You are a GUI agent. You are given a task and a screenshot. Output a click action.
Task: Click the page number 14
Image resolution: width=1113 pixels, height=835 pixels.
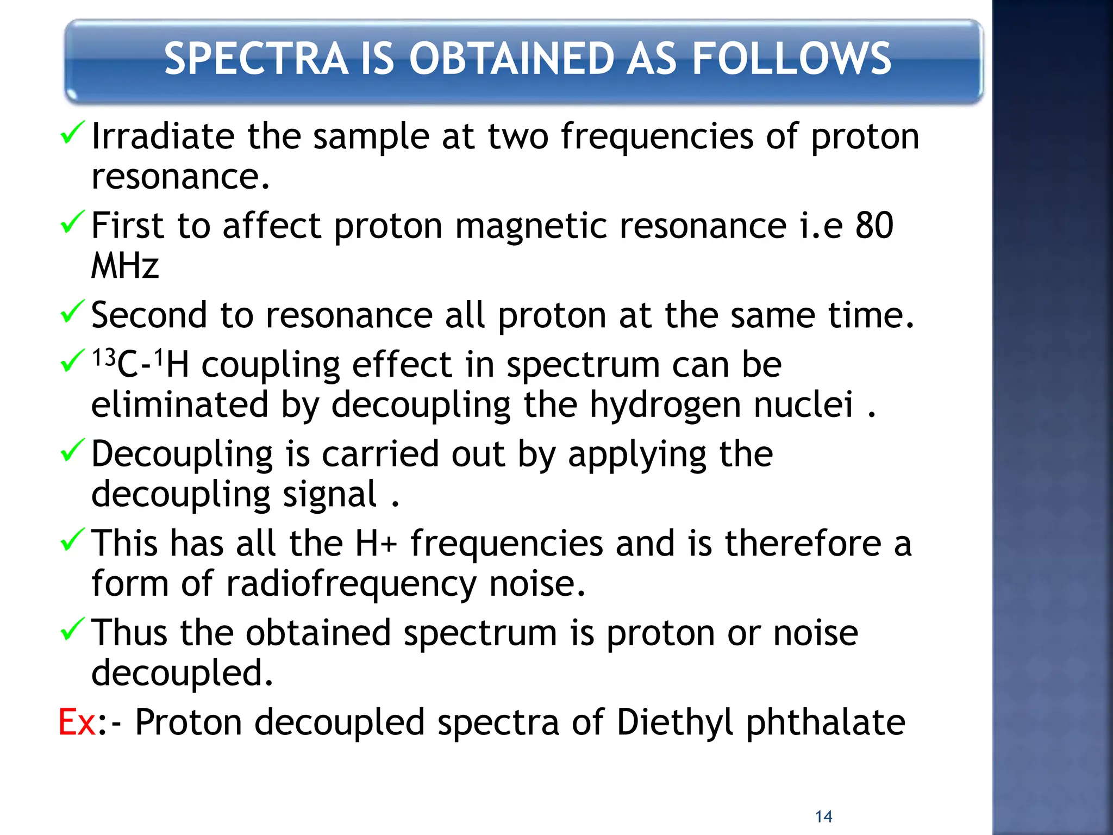click(823, 817)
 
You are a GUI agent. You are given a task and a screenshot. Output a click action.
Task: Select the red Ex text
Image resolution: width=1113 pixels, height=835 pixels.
click(77, 722)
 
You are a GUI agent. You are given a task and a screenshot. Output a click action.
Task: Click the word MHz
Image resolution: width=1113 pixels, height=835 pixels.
click(125, 266)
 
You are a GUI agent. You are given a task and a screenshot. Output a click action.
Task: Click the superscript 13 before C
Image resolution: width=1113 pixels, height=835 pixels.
click(103, 359)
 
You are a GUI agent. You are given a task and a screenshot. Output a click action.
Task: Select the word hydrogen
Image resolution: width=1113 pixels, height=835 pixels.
click(667, 406)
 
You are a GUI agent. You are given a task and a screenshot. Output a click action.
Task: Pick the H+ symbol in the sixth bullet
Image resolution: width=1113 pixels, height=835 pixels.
click(376, 544)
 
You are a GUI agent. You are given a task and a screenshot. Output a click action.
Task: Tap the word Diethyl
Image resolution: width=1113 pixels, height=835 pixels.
click(675, 722)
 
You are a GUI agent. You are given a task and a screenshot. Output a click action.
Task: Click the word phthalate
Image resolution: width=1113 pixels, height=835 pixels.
click(826, 724)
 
